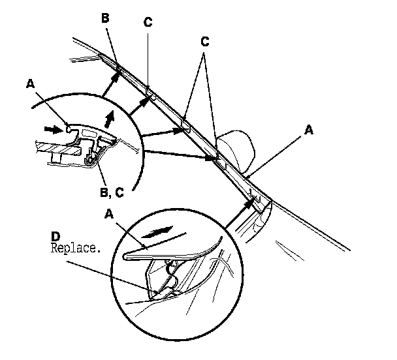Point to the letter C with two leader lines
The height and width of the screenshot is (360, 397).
[x=205, y=41]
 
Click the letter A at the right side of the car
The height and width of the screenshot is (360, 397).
[x=310, y=130]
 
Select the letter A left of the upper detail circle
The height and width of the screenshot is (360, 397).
[x=28, y=83]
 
